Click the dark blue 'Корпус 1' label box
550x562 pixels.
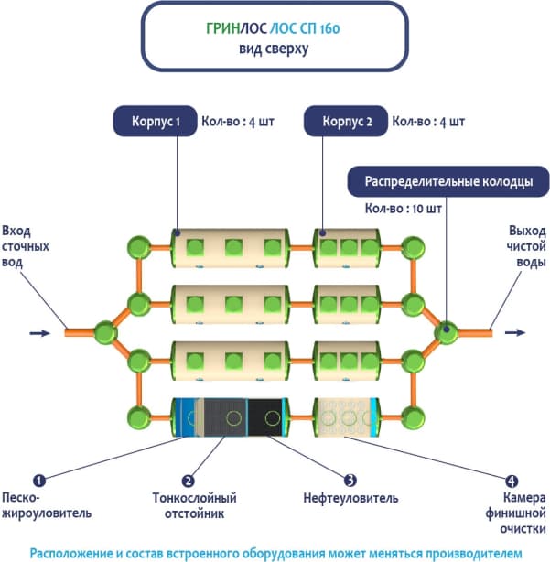pyautogui.click(x=154, y=121)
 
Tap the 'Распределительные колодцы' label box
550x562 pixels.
pyautogui.click(x=449, y=181)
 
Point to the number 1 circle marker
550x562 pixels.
pyautogui.click(x=38, y=479)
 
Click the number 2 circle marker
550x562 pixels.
pyautogui.click(x=189, y=479)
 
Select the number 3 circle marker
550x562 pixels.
pyautogui.click(x=349, y=479)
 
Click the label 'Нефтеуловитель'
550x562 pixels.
pyautogui.click(x=350, y=499)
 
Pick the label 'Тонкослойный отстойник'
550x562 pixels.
pyautogui.click(x=194, y=506)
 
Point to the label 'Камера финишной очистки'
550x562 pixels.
pyautogui.click(x=517, y=513)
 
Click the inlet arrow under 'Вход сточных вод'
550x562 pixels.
pyautogui.click(x=39, y=333)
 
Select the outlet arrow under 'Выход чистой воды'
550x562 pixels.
pyautogui.click(x=516, y=333)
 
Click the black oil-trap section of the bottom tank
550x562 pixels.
pyautogui.click(x=269, y=417)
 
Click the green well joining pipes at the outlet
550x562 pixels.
pyautogui.click(x=447, y=332)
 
